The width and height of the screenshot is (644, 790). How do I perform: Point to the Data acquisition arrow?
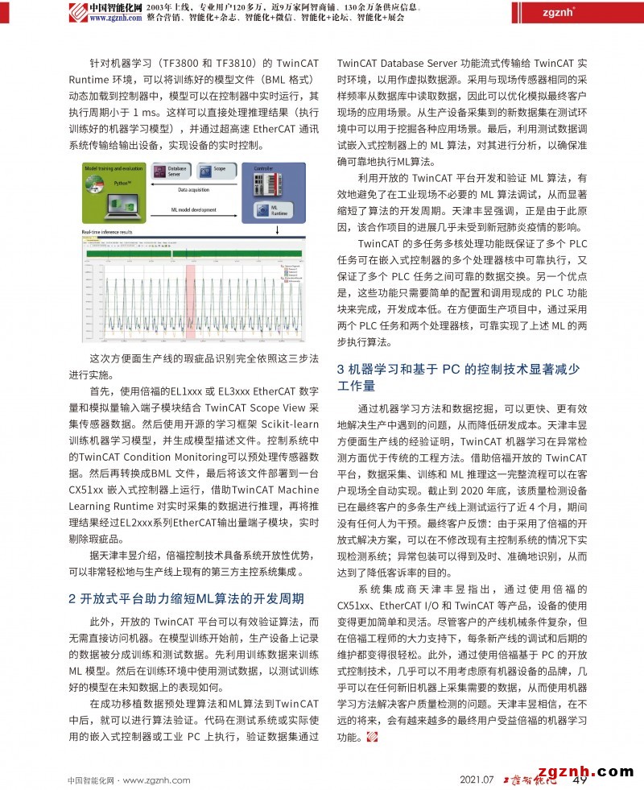click(x=194, y=189)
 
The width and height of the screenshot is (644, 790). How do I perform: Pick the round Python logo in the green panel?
click(x=90, y=182)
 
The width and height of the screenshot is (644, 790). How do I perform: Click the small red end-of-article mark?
click(x=371, y=737)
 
